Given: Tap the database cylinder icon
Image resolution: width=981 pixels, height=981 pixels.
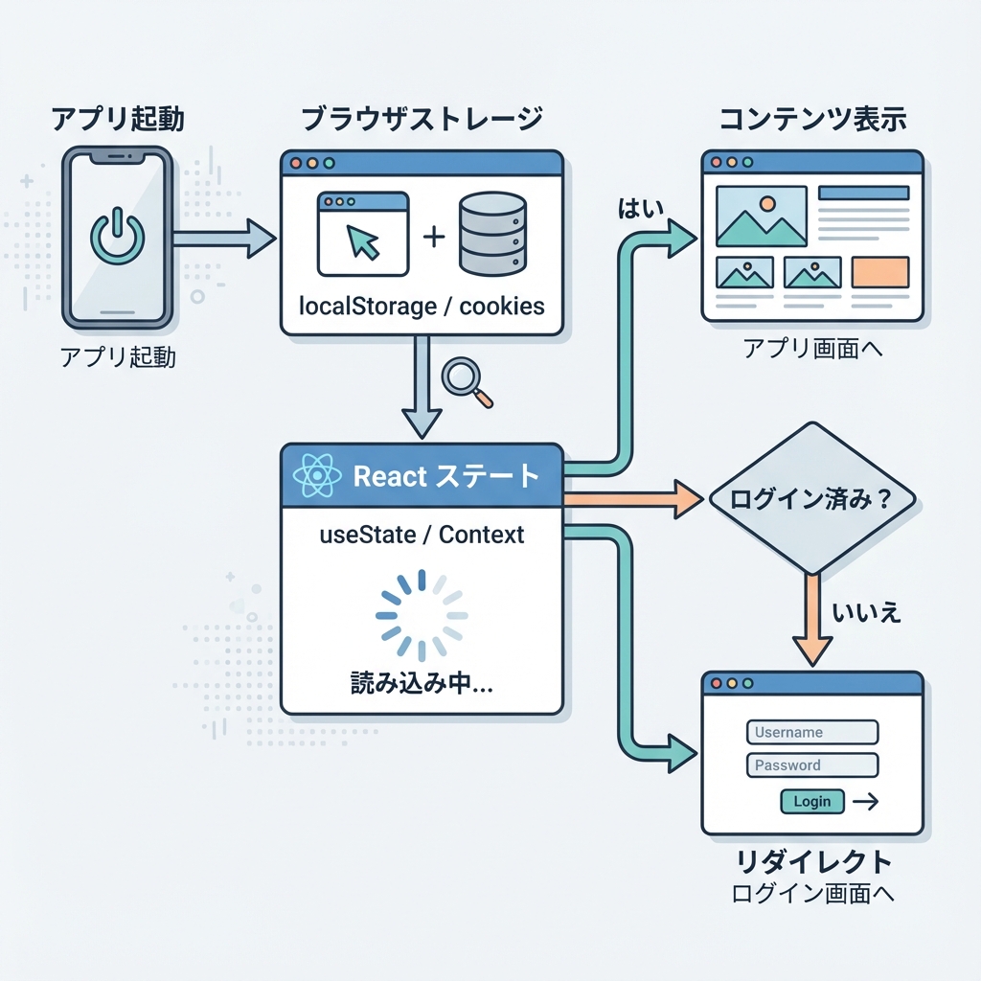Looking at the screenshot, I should point(491,234).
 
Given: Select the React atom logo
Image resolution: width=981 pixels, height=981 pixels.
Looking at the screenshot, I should point(316,475).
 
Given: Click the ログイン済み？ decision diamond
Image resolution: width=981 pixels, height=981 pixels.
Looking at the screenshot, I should point(810,499).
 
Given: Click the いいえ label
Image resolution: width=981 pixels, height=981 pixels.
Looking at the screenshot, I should point(867,612).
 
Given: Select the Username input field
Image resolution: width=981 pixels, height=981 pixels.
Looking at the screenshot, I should point(811,732).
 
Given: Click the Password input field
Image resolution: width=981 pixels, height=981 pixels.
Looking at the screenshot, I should point(811,764).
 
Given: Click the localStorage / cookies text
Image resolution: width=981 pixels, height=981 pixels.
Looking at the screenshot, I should point(422,307).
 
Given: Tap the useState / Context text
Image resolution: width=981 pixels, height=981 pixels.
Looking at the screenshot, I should point(422,535).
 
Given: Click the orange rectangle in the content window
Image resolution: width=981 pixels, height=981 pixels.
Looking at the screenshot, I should point(878,273).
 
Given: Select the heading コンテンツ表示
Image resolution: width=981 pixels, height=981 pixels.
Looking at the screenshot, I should point(812,121).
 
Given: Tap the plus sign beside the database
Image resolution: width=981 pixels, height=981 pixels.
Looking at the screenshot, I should point(434,236).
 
